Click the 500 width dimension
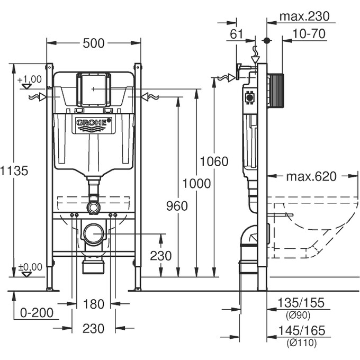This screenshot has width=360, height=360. click(x=94, y=44)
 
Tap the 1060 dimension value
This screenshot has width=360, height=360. click(x=214, y=161)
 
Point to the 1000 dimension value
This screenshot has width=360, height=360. click(x=196, y=184)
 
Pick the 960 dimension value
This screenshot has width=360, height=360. click(x=177, y=206)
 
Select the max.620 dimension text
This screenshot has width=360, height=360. click(x=311, y=176)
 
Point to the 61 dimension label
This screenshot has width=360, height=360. click(x=236, y=34)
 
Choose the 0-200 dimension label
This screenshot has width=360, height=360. click(x=37, y=313)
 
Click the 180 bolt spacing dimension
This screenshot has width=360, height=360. click(x=94, y=304)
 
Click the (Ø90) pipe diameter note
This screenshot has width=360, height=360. click(x=299, y=315)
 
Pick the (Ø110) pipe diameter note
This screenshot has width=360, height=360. click(x=301, y=343)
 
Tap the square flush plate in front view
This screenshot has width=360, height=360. click(x=94, y=89)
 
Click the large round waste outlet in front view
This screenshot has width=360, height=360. click(x=94, y=233)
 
